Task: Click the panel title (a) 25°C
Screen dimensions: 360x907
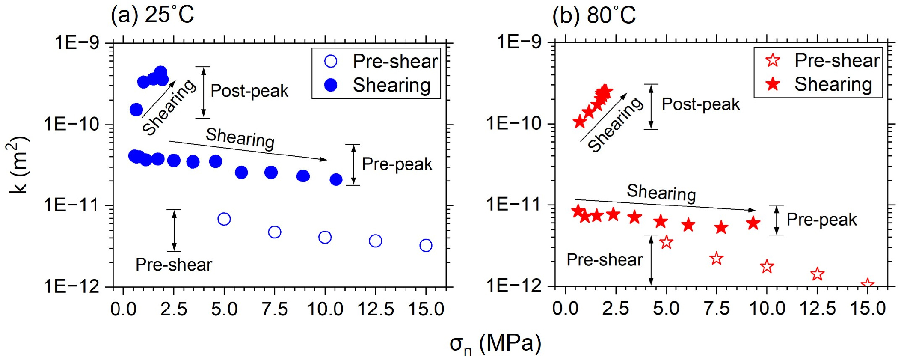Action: (152, 15)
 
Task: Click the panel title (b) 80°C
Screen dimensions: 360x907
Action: (594, 15)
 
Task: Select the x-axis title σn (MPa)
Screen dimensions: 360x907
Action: (495, 344)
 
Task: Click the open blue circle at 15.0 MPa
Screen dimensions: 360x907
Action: (426, 245)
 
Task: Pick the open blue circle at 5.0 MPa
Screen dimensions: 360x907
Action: (224, 219)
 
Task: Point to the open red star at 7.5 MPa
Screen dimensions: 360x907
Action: (716, 259)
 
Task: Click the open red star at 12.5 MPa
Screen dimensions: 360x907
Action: (817, 274)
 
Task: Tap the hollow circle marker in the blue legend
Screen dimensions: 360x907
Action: (331, 62)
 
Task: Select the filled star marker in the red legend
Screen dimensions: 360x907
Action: (773, 84)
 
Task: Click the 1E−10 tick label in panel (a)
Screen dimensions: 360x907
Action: (71, 124)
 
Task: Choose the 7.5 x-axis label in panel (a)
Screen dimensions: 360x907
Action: (274, 309)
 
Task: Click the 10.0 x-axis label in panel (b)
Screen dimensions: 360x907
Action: (767, 308)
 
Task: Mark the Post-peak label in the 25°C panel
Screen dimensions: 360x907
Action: (249, 91)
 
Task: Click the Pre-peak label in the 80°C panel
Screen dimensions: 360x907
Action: (821, 220)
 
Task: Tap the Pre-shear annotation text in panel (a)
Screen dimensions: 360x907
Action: (174, 265)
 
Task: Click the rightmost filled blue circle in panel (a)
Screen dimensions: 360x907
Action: (336, 179)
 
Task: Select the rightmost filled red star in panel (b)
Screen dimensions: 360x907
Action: (753, 223)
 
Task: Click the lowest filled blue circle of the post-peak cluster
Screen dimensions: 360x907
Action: (136, 110)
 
